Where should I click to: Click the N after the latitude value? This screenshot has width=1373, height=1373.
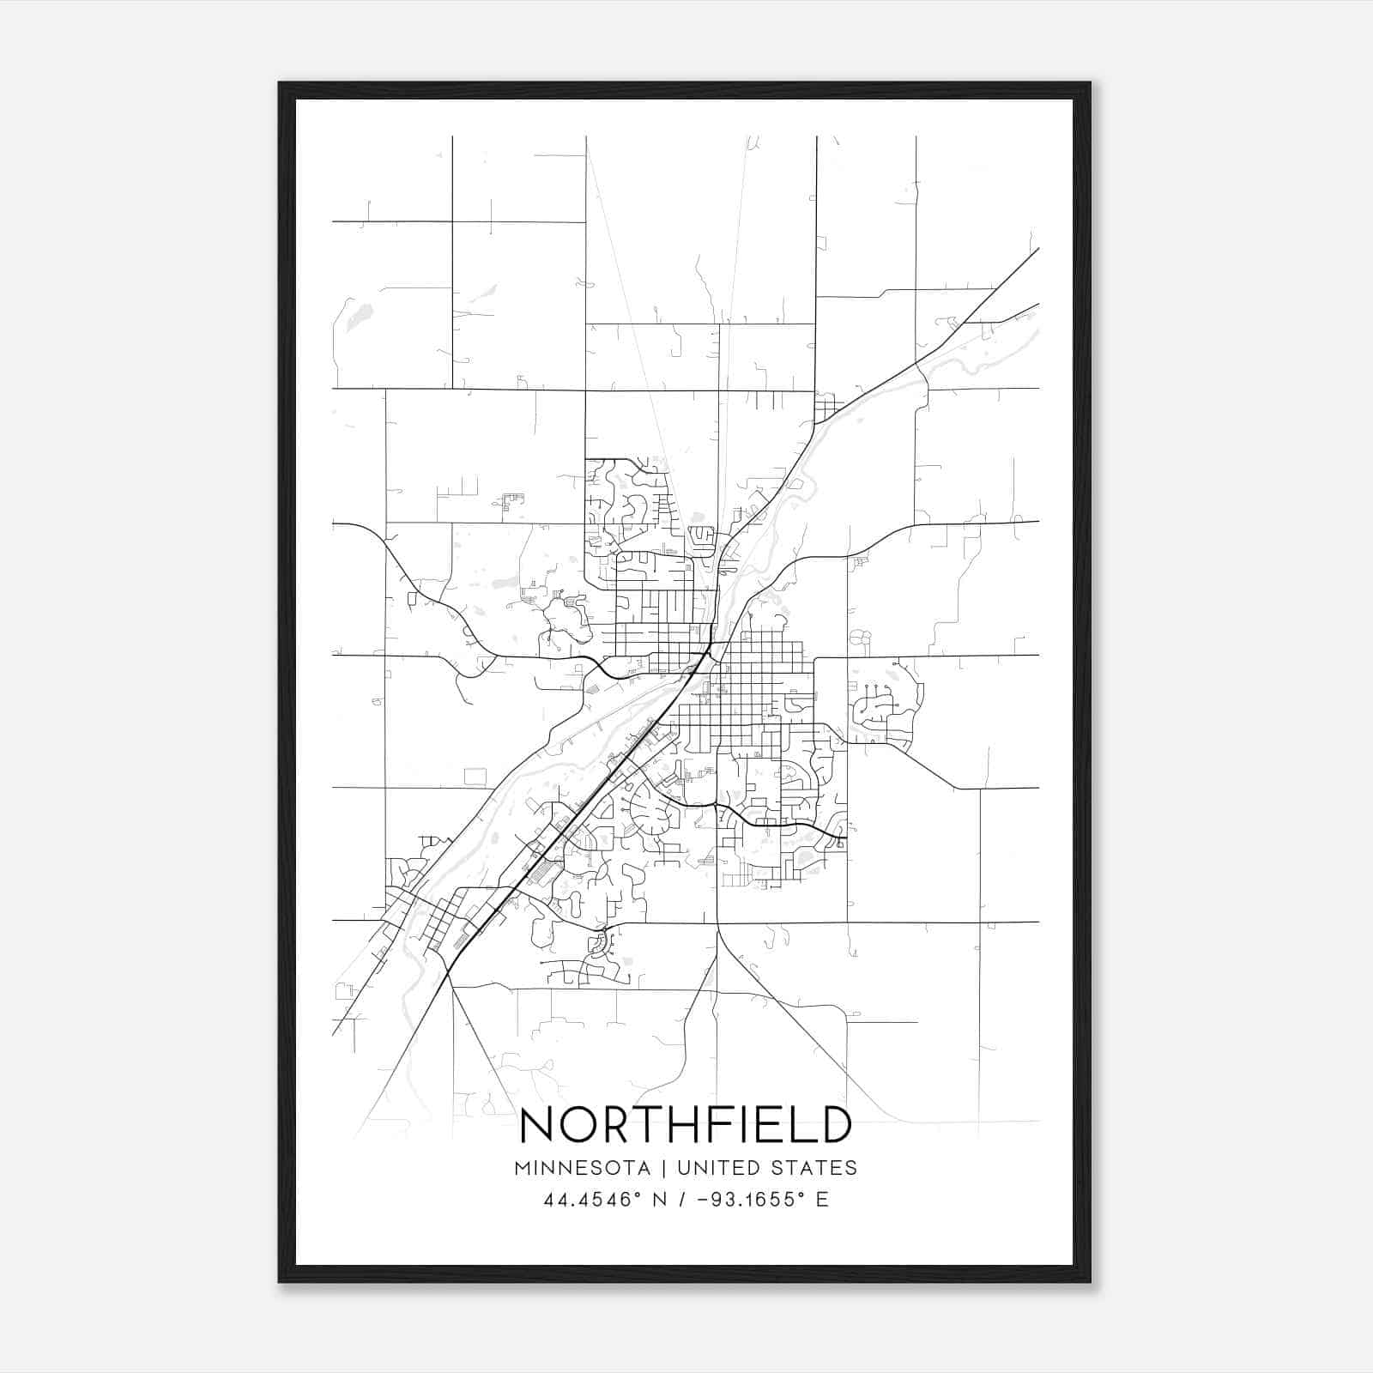tap(662, 1200)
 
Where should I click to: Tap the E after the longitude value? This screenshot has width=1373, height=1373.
tap(822, 1200)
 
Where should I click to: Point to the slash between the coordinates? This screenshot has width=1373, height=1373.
tap(682, 1200)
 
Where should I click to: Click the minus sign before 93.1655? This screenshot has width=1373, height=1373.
tap(703, 1200)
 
